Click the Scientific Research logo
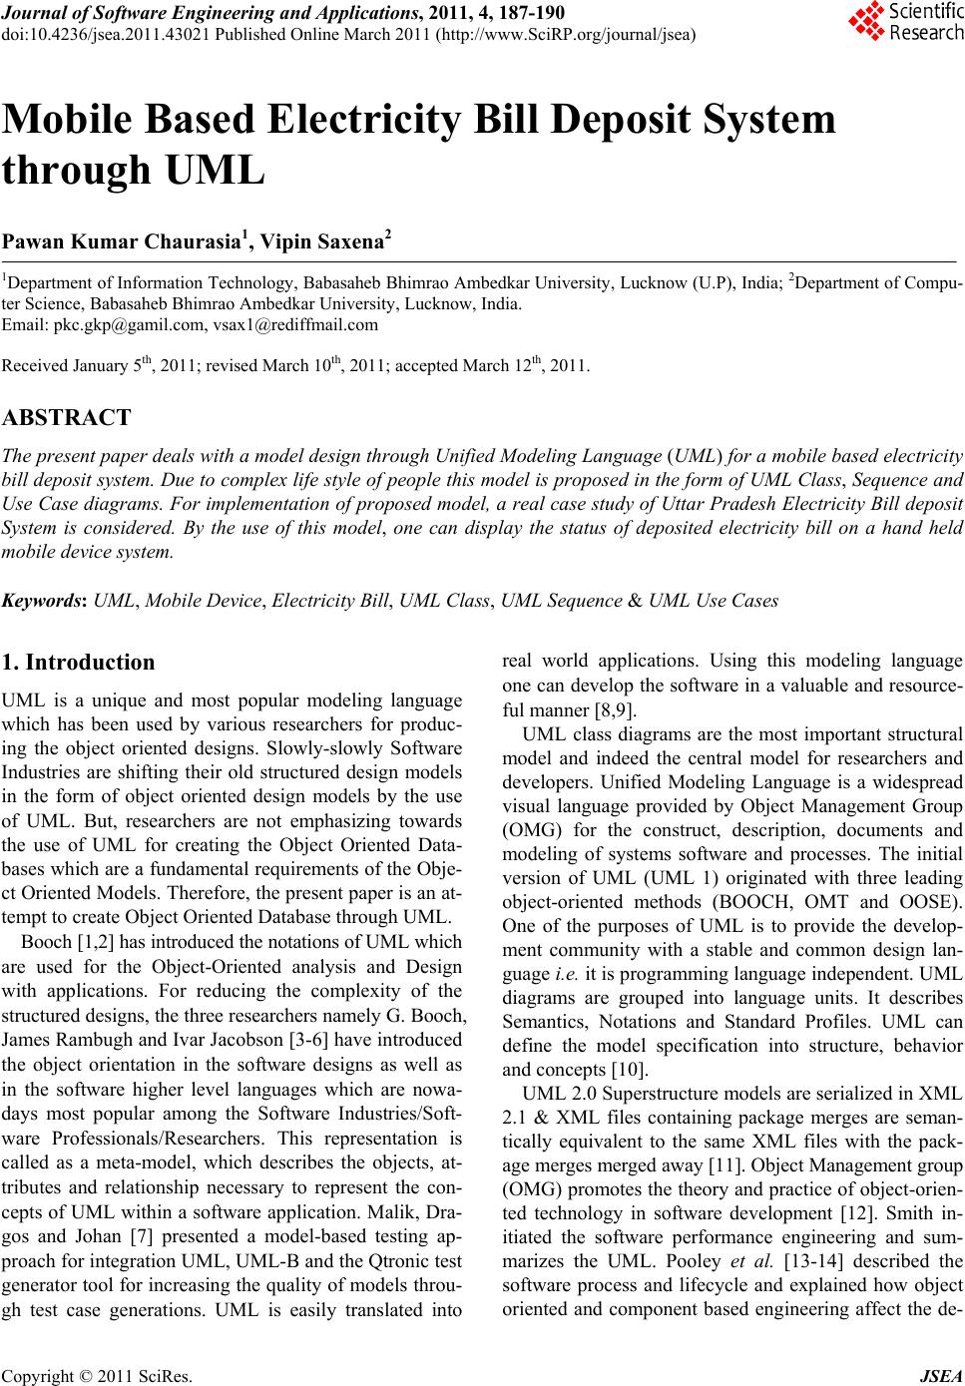[x=905, y=22]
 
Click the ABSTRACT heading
[x=67, y=417]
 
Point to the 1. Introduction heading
[x=80, y=663]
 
